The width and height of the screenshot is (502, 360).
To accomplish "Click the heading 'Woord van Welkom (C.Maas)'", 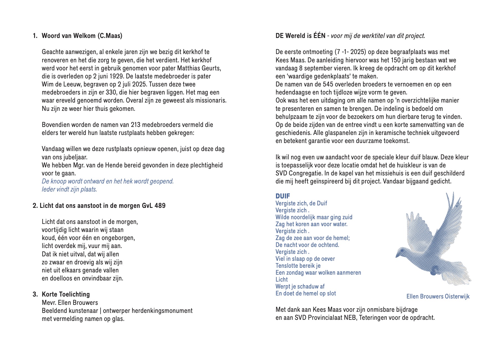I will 82,36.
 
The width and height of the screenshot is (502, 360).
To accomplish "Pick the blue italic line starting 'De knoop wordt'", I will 107,181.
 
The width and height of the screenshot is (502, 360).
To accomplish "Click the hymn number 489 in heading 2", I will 160,206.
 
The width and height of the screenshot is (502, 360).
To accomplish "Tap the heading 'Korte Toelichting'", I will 66,294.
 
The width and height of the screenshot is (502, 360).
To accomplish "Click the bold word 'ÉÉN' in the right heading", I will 319,36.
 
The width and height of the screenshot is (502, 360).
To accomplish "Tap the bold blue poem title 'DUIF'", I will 283,196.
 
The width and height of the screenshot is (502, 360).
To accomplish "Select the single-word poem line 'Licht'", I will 281,280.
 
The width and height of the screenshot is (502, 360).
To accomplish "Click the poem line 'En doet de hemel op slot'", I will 306,293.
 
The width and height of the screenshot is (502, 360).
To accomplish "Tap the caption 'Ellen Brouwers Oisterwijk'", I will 438,297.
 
